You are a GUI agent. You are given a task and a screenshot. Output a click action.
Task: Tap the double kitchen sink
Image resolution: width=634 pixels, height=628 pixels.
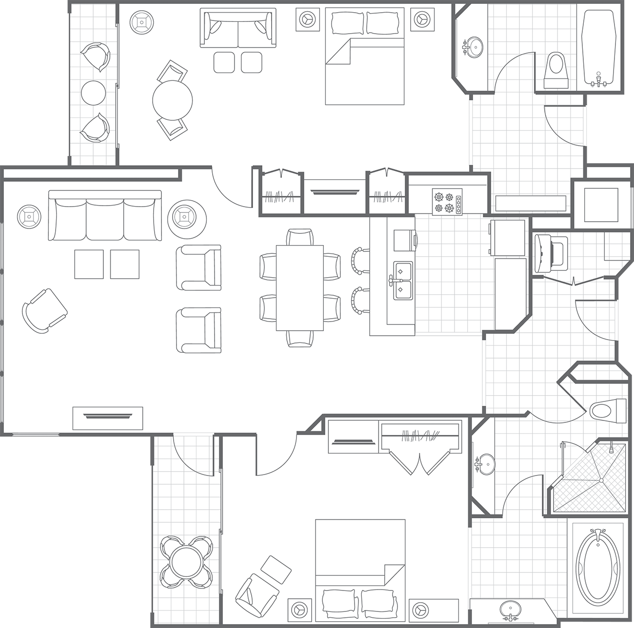tap(403, 280)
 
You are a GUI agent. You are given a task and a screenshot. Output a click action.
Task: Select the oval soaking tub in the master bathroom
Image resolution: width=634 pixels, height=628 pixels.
tap(598, 565)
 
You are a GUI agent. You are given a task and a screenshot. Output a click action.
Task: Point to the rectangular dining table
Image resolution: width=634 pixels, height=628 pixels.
tap(299, 288)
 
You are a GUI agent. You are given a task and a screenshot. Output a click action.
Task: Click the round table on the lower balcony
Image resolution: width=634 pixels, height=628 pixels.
tap(187, 561)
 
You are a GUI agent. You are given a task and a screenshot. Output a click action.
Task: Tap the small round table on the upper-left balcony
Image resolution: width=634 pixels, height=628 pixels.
tap(93, 93)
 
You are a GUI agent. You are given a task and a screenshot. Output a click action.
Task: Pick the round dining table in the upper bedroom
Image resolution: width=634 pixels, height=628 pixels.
tap(172, 100)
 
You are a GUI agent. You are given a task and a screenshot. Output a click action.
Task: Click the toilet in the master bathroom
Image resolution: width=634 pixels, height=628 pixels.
tap(607, 409)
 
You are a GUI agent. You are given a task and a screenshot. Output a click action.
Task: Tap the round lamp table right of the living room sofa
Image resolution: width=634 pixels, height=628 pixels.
tap(184, 216)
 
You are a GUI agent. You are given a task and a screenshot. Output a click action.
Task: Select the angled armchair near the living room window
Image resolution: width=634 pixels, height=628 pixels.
tap(44, 310)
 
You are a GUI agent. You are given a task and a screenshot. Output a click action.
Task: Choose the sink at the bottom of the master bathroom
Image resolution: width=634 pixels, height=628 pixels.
tap(510, 609)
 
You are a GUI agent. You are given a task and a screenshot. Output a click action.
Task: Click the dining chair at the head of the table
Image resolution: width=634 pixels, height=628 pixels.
tap(300, 237)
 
